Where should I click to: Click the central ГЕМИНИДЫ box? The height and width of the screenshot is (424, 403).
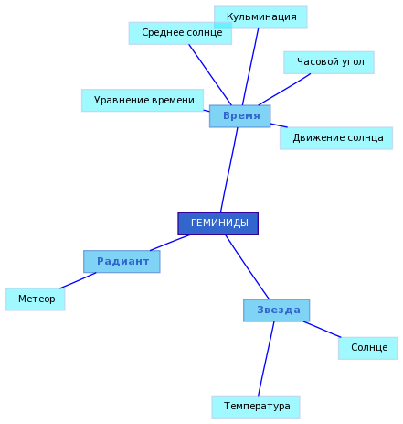[218, 223]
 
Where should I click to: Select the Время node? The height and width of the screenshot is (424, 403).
[239, 116]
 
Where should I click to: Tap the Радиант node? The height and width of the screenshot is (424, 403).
[122, 262]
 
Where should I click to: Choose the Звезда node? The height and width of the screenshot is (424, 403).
[277, 310]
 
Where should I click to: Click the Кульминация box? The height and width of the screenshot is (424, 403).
[260, 17]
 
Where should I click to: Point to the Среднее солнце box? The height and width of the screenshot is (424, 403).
[180, 33]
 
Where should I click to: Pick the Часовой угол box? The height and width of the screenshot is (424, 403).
[329, 62]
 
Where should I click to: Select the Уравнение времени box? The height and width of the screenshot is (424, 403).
[143, 101]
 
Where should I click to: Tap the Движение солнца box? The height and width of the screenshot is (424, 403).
[336, 138]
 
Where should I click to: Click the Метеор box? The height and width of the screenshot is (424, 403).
[36, 299]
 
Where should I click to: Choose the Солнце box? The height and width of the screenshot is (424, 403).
[368, 348]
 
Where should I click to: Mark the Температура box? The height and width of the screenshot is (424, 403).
[256, 407]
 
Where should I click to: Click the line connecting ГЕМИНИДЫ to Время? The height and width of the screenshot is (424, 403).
[229, 169]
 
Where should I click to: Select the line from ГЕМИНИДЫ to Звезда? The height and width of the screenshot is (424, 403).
[248, 267]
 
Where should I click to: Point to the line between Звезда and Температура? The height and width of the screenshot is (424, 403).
[266, 359]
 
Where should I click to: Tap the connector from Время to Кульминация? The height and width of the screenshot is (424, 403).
[250, 67]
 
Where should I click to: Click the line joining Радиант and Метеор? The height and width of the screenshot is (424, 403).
[78, 280]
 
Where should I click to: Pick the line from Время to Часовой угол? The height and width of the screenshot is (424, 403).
[284, 90]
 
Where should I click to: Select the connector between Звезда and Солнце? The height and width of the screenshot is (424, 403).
[322, 330]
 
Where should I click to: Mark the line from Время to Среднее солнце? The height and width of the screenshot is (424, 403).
[210, 75]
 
